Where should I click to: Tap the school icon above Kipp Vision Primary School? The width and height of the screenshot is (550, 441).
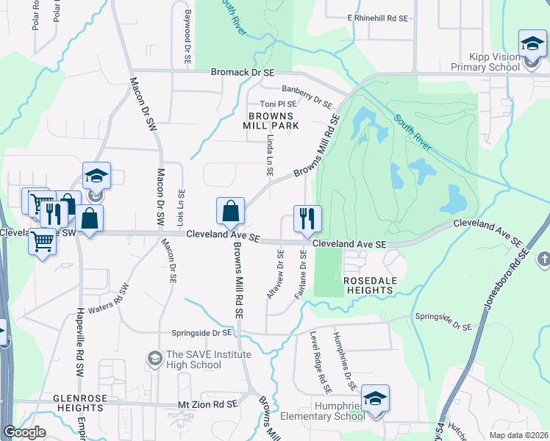(x=532, y=44)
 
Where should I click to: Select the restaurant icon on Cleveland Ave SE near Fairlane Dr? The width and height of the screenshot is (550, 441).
(x=307, y=218)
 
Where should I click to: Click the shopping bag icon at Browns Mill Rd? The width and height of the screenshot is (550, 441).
(x=231, y=211)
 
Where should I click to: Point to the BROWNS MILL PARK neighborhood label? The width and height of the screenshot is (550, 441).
(x=271, y=121)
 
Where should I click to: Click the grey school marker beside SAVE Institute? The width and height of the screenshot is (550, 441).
(x=154, y=358)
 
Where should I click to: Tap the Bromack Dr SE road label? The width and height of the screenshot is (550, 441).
(x=242, y=73)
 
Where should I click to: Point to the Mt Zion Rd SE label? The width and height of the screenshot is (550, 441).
(x=208, y=404)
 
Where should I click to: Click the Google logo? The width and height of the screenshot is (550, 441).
(x=24, y=432)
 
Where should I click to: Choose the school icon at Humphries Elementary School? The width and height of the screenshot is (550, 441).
(x=375, y=399)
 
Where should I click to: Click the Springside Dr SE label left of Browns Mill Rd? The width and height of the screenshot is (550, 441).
(x=201, y=332)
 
